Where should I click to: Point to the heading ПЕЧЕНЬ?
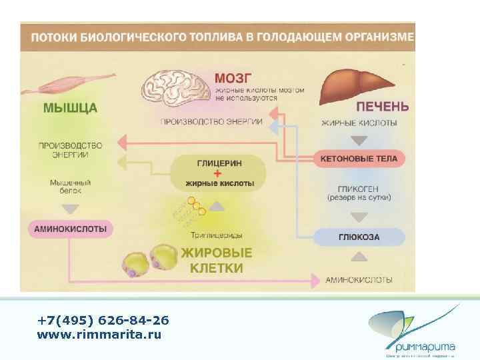pos(382,106)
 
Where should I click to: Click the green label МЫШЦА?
pos(71,107)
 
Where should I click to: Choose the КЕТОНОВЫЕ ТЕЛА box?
pos(359,159)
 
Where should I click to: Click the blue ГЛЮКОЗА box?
pos(359,237)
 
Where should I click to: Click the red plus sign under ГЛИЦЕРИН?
pos(218,172)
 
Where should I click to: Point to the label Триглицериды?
pos(216,235)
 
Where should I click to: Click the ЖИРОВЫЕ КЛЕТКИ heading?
pos(217,261)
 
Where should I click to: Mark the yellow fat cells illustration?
pos(150,261)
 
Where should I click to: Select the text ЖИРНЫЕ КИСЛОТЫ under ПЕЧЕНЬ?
pos(359,123)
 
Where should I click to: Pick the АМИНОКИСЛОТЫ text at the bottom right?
pos(359,279)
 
